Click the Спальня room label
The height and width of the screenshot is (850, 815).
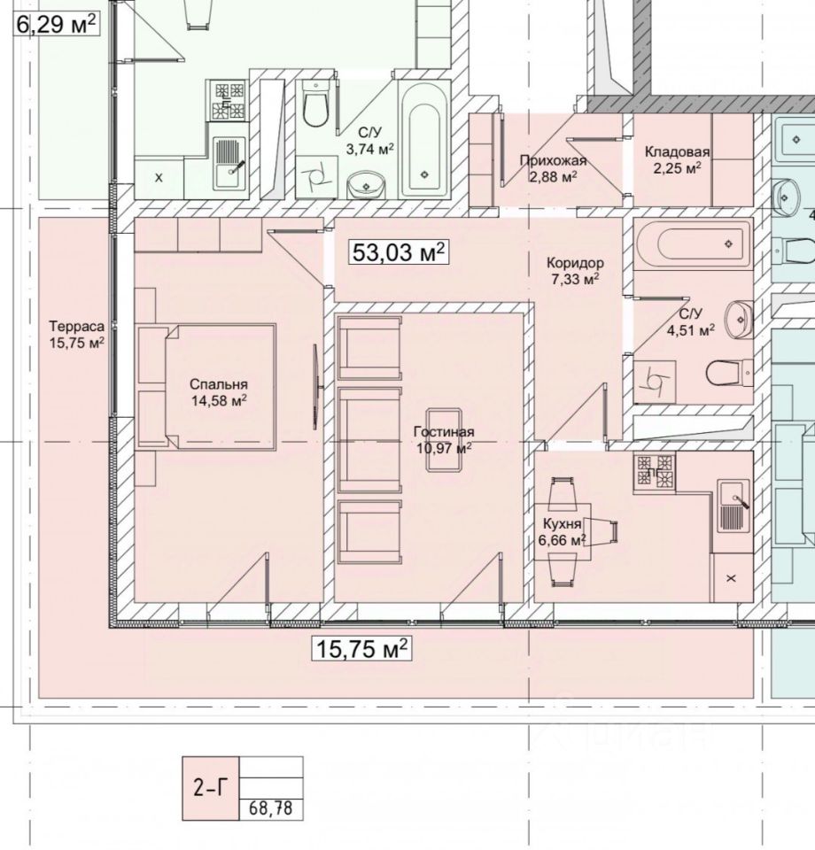pyautogui.click(x=218, y=384)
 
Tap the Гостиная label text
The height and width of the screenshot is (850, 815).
pyautogui.click(x=444, y=432)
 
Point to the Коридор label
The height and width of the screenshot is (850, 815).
pyautogui.click(x=575, y=263)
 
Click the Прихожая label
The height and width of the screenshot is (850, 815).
pyautogui.click(x=554, y=160)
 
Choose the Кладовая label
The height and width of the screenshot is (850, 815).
pyautogui.click(x=678, y=151)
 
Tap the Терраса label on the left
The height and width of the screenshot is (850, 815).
pyautogui.click(x=77, y=326)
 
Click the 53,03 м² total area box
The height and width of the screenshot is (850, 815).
pyautogui.click(x=398, y=252)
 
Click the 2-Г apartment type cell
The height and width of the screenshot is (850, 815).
pyautogui.click(x=210, y=788)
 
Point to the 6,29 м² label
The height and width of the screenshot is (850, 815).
pyautogui.click(x=56, y=23)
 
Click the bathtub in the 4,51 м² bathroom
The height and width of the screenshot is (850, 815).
pyautogui.click(x=692, y=242)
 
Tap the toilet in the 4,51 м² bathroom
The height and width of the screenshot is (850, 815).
pyautogui.click(x=728, y=373)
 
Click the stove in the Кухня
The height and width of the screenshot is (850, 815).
pyautogui.click(x=655, y=472)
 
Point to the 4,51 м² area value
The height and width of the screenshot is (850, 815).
pyautogui.click(x=690, y=330)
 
